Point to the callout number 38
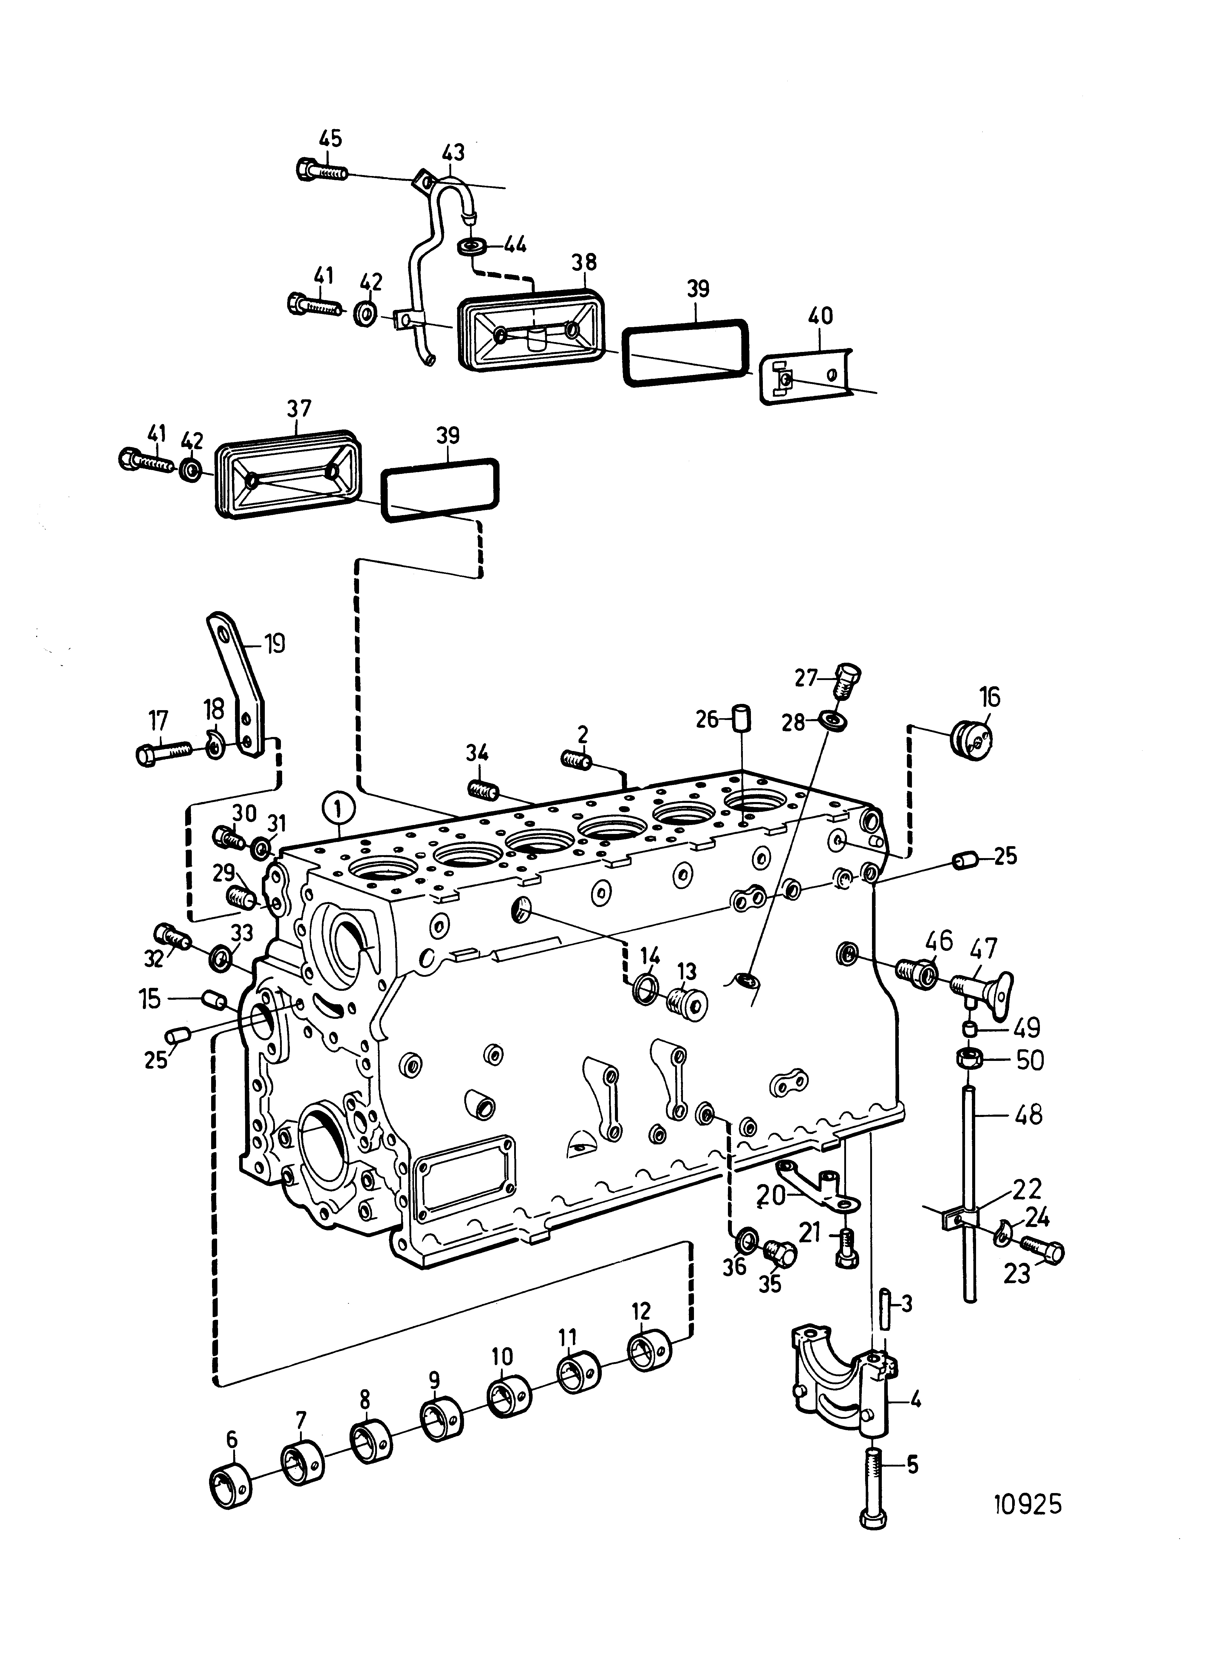[583, 262]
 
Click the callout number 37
[298, 408]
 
